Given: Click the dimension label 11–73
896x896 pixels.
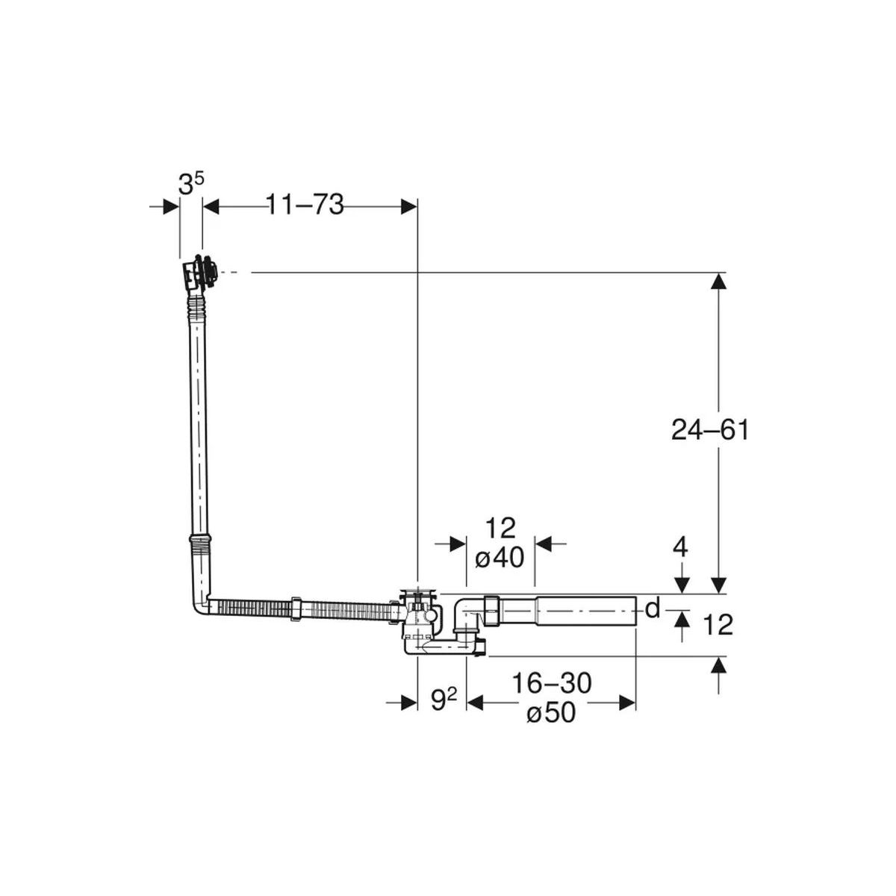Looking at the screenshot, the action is click(x=305, y=205).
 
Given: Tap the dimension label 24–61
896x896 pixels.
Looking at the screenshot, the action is click(x=709, y=431).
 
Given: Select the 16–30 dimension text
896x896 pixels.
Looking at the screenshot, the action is click(x=551, y=683).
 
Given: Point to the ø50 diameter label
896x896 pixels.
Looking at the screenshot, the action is click(x=551, y=712).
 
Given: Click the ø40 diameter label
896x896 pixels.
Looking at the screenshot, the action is click(x=500, y=557).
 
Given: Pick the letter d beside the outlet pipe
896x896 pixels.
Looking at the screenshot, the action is click(x=653, y=609).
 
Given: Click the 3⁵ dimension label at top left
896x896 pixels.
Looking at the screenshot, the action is click(x=190, y=184).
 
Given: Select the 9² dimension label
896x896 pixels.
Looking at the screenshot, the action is click(x=444, y=700).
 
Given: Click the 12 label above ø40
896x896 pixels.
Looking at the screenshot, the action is click(x=500, y=528).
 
